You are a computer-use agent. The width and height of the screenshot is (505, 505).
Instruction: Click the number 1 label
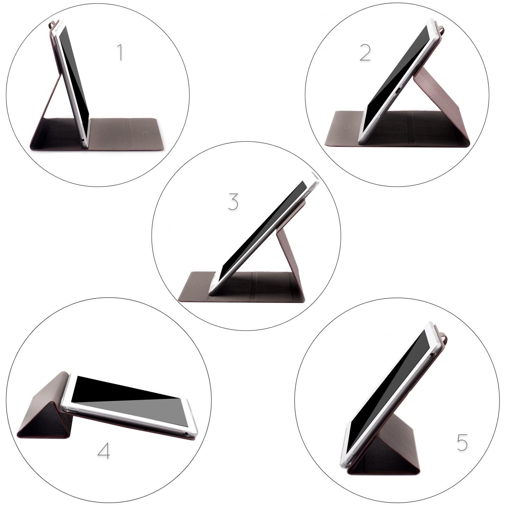[120, 53]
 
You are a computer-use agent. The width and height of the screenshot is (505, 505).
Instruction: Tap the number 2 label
[365, 53]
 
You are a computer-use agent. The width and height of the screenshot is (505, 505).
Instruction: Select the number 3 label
[233, 202]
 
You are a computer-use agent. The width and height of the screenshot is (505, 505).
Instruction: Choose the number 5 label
[462, 442]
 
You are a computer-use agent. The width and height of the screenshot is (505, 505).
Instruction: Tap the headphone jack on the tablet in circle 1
[82, 140]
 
